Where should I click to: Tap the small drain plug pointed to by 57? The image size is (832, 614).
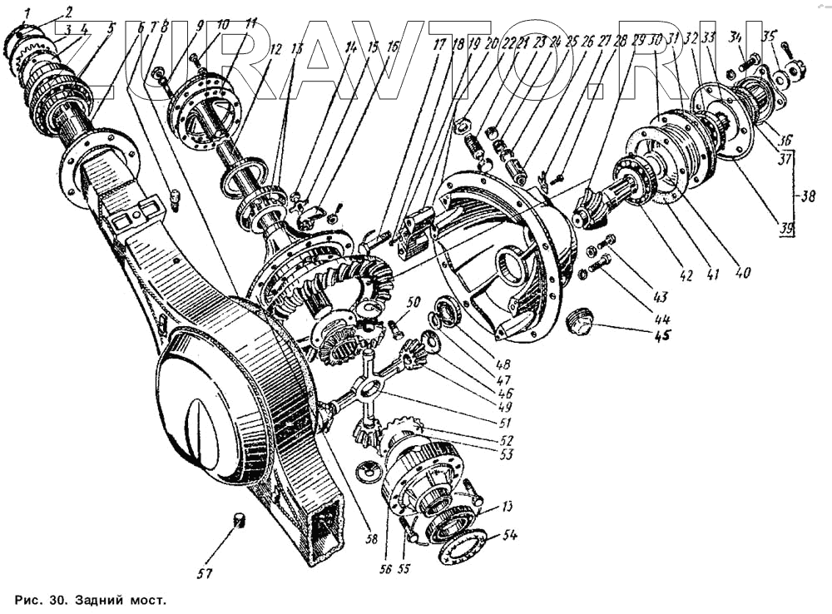point(240,521)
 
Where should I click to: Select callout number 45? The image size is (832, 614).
point(662,336)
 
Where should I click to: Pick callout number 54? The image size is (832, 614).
point(508,535)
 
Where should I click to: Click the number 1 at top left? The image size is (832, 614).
point(27,12)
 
